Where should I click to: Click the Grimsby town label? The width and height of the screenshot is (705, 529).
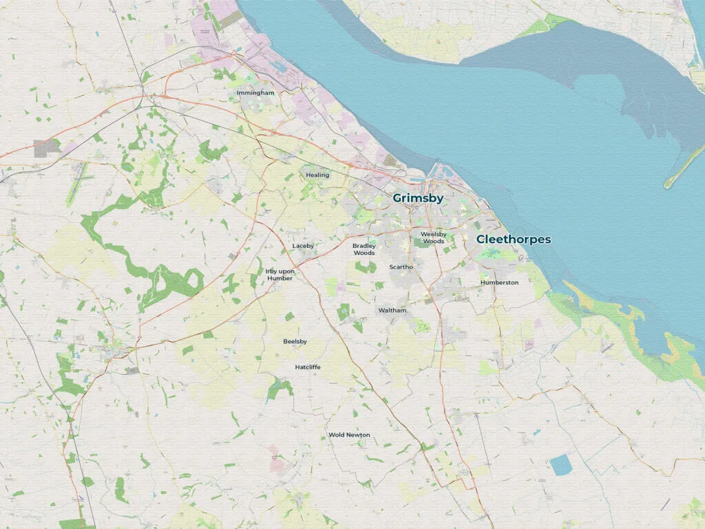point(418,198)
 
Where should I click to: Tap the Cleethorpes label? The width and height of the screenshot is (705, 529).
point(514,240)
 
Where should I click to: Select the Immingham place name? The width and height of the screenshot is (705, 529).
point(255,92)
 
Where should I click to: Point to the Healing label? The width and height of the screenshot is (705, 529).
point(317,175)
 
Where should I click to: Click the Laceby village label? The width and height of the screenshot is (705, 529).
point(303,246)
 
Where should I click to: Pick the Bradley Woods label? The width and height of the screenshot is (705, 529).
point(364,249)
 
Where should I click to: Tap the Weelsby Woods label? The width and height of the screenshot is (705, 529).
point(434,238)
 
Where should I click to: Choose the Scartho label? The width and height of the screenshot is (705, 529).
point(401,267)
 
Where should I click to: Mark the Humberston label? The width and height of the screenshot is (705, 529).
point(499,282)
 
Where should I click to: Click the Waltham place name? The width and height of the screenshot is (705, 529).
point(392,311)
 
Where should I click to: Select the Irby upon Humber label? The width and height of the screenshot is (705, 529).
point(280,275)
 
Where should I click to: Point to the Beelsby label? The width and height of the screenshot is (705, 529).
point(295,342)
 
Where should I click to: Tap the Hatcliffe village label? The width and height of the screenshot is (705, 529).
point(308,367)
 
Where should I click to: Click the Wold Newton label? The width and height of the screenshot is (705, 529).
point(349,435)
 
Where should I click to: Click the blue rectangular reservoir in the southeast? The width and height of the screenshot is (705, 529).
point(561,465)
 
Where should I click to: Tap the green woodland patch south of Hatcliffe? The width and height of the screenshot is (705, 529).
point(280,390)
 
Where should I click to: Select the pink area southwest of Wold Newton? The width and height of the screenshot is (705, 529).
point(277,463)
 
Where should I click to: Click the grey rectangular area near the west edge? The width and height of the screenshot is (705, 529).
point(48,147)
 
